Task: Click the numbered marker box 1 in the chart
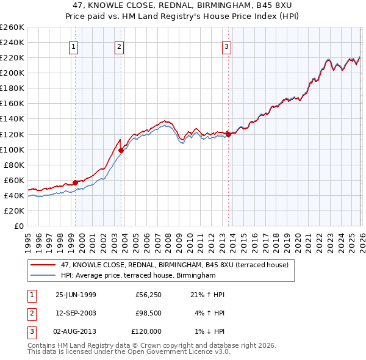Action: pos(73,46)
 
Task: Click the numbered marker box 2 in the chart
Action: pos(120,46)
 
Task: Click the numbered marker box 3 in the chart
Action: pos(226,46)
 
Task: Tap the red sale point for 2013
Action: pos(228,134)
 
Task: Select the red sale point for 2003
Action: pos(121,150)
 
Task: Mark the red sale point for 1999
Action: pos(76,182)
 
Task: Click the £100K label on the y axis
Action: pos(12,149)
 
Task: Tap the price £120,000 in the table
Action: pos(146,331)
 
